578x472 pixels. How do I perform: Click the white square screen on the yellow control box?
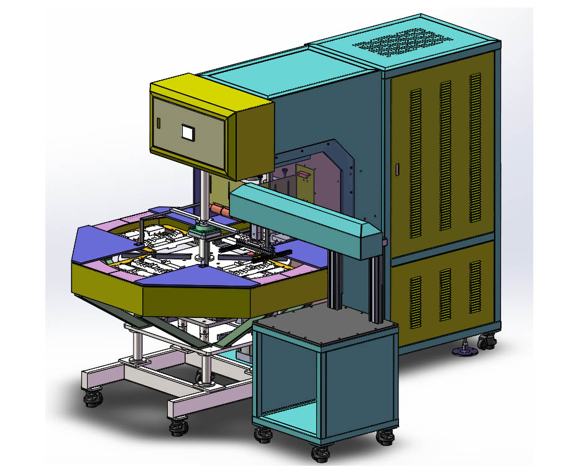[x=187, y=132]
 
